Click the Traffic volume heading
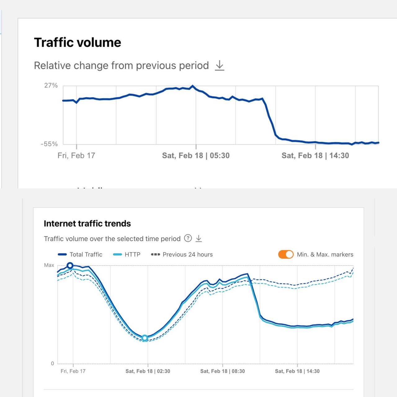click(78, 42)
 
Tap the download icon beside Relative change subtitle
click(220, 65)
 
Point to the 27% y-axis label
click(51, 85)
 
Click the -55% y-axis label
click(49, 144)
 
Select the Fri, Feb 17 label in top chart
click(76, 155)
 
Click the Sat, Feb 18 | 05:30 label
click(196, 155)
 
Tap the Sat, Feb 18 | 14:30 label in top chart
click(315, 155)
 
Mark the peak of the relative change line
click(193, 86)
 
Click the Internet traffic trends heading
click(87, 224)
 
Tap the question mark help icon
click(188, 238)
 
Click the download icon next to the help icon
click(199, 238)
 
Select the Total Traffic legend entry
click(80, 254)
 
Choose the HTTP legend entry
click(127, 254)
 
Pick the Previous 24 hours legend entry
click(182, 254)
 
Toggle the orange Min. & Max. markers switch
click(286, 254)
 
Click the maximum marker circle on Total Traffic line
click(70, 265)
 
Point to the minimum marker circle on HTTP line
click(145, 338)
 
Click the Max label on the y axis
click(49, 265)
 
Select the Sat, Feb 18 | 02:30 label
click(148, 371)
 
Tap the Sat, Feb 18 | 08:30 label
click(222, 371)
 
